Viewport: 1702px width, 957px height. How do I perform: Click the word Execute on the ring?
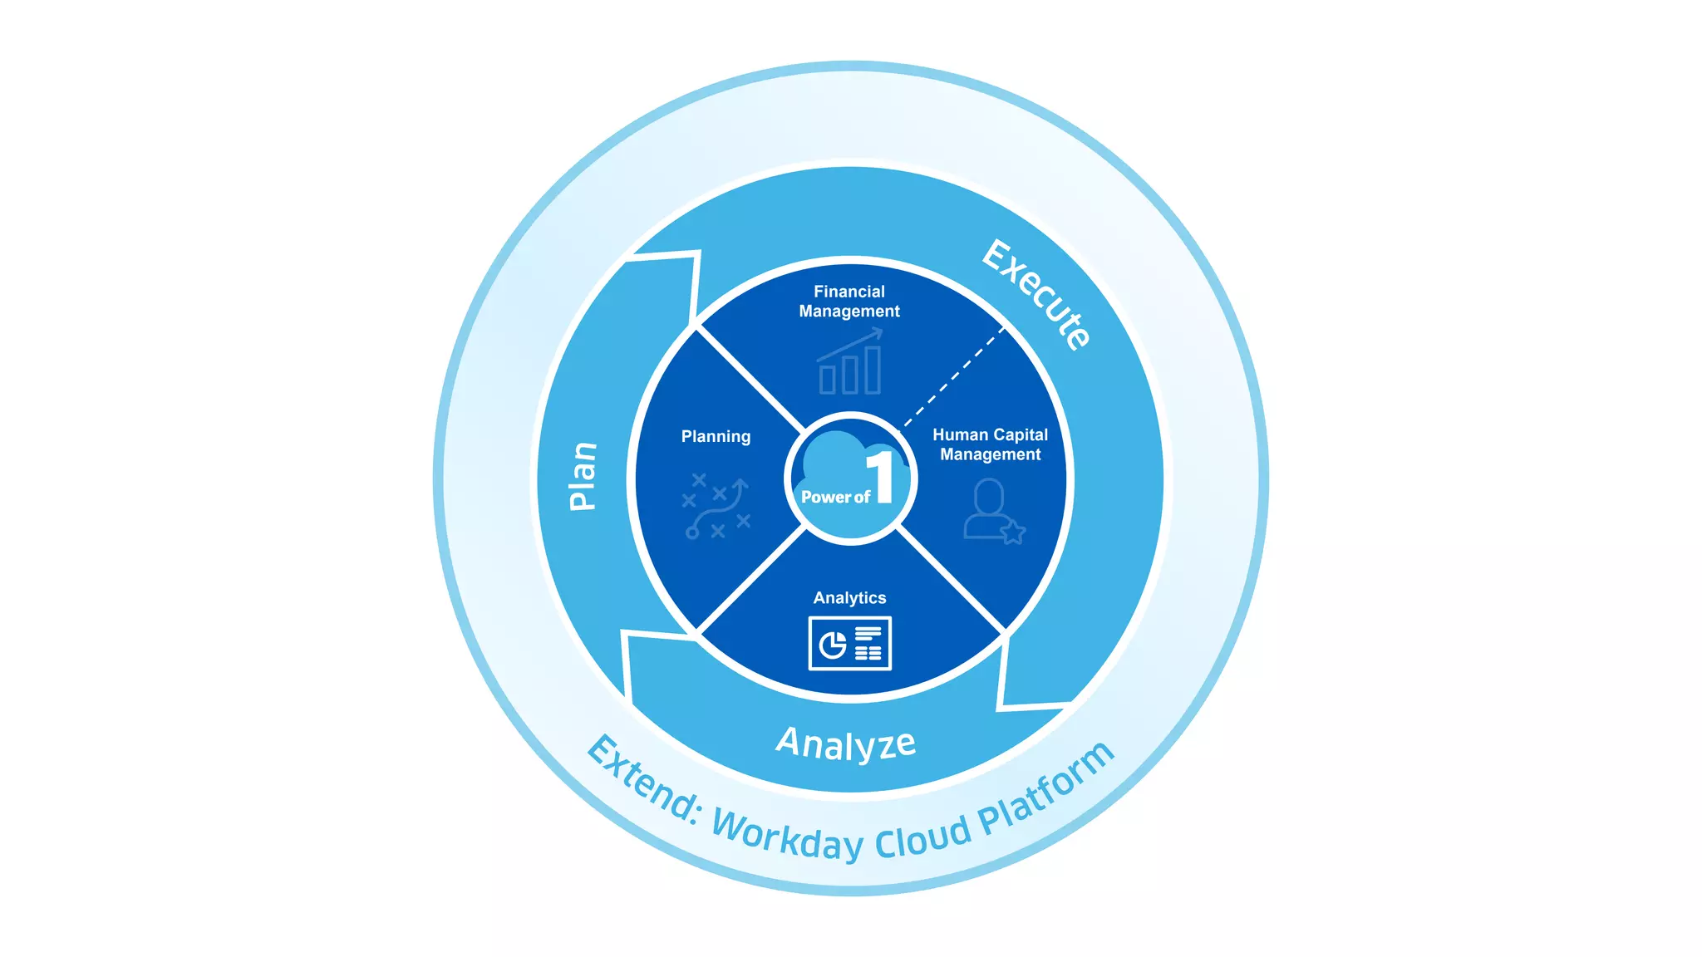(1036, 295)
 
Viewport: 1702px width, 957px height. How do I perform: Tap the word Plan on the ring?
(583, 476)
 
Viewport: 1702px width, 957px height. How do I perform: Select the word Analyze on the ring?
(846, 744)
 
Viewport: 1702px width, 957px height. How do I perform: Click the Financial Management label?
(849, 302)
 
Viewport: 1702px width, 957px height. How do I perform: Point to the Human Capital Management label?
(990, 444)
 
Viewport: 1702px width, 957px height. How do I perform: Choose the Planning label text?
(716, 437)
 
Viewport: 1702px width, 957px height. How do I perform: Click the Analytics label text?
(849, 598)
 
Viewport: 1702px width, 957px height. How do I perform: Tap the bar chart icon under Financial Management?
(849, 363)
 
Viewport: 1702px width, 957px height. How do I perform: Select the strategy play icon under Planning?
(716, 507)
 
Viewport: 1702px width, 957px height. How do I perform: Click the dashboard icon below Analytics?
(849, 643)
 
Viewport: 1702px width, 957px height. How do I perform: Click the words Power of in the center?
(834, 498)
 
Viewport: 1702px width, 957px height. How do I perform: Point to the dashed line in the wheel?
(954, 376)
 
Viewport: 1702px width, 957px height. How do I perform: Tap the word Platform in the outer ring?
(1047, 789)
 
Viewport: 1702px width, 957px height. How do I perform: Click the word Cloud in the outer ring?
(922, 837)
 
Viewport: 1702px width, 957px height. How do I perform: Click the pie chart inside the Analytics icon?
(832, 645)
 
